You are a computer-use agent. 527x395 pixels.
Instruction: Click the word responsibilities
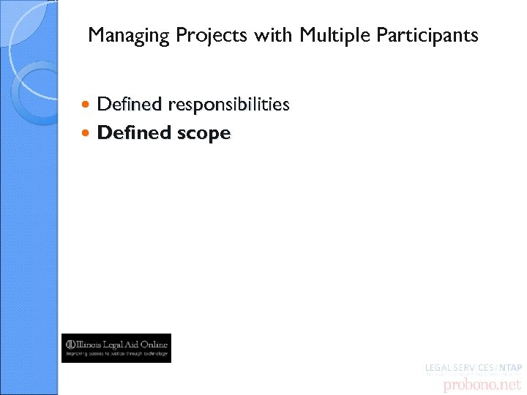[x=228, y=105]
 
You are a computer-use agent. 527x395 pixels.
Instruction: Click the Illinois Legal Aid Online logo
[x=116, y=348]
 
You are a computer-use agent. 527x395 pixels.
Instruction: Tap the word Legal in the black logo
[x=117, y=344]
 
